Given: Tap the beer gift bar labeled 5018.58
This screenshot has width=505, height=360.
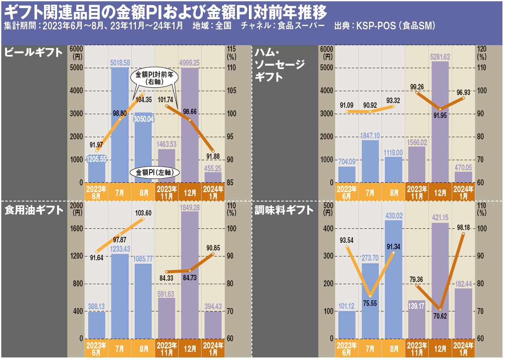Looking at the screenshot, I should tap(120, 128).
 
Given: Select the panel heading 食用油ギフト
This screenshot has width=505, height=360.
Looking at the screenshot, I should tap(34, 210).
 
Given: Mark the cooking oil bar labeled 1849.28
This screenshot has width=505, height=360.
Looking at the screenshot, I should tap(189, 277).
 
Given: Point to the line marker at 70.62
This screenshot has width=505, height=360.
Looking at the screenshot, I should tap(440, 309).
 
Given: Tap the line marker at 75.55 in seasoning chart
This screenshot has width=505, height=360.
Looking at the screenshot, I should tap(371, 296).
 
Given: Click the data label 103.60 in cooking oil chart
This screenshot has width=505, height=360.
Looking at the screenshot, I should tap(143, 213).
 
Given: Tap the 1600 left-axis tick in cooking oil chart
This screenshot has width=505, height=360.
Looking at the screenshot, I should tap(76, 228).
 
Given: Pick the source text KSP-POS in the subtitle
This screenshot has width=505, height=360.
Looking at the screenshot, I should tap(374, 26).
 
